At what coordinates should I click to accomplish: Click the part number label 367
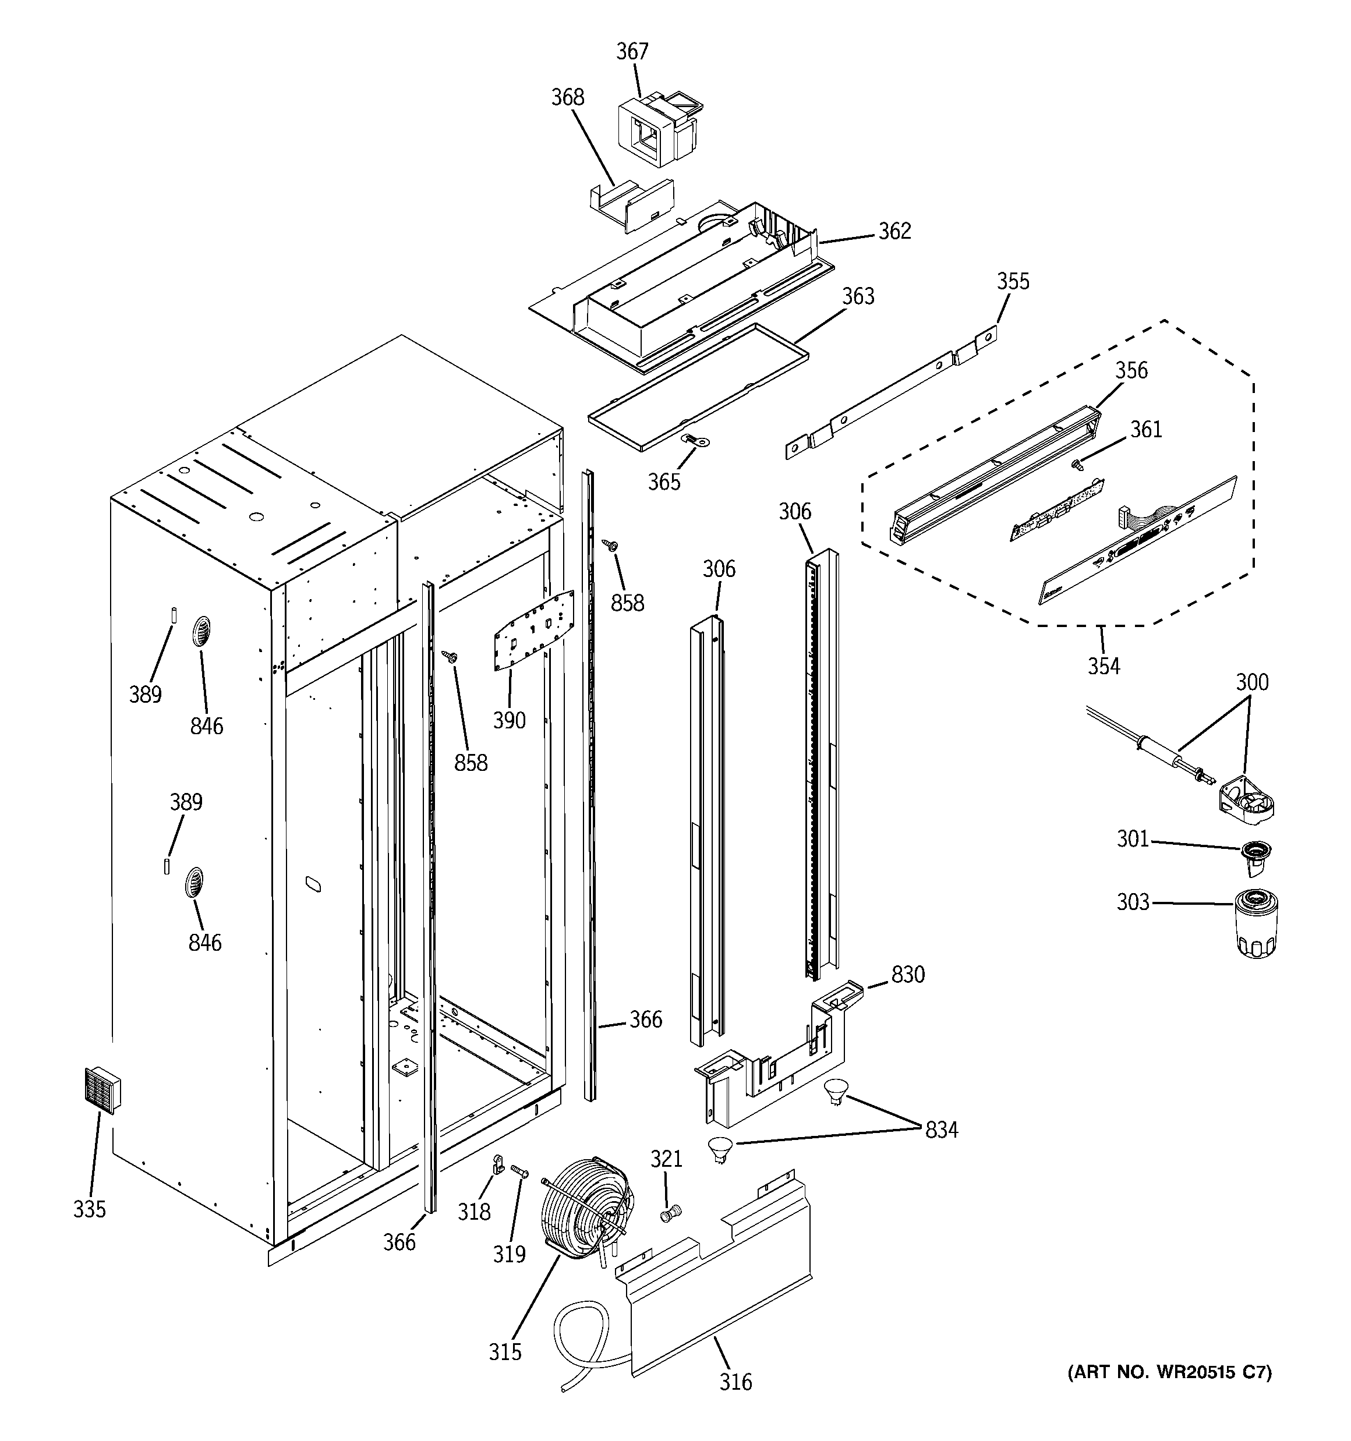[632, 51]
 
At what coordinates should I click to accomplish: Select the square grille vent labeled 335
[101, 1089]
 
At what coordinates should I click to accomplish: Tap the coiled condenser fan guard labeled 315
[586, 1219]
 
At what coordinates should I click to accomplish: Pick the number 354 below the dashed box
[1103, 665]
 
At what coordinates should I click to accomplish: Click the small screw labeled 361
[1077, 464]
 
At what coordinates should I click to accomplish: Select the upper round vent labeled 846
[201, 633]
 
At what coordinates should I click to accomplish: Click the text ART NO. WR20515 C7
[1169, 1371]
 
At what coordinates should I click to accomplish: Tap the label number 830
[908, 975]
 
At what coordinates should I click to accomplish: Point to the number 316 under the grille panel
[735, 1382]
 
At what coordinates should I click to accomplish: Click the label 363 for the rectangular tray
[858, 296]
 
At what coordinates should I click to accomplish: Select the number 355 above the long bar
[1012, 281]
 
